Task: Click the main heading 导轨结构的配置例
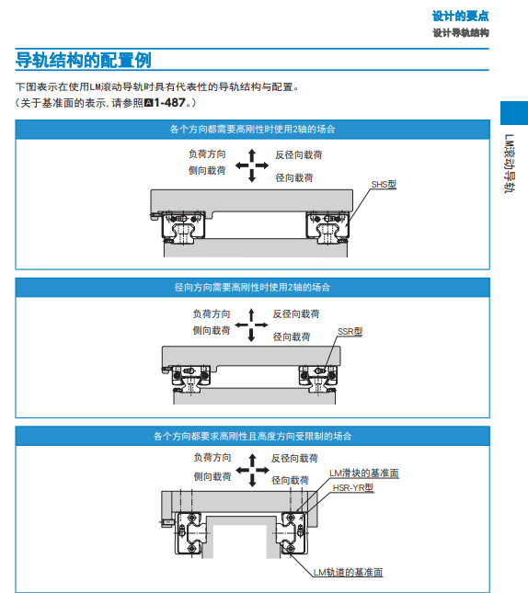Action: (x=84, y=61)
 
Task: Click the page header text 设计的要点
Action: (x=460, y=16)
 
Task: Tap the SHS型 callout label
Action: (x=384, y=184)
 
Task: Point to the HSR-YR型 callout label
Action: (x=352, y=488)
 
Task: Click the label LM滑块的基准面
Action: (x=364, y=473)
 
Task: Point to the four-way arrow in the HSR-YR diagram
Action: (x=247, y=469)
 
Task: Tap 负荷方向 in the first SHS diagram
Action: (x=207, y=155)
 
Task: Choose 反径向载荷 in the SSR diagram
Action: (x=296, y=314)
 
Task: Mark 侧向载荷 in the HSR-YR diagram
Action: (x=212, y=476)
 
